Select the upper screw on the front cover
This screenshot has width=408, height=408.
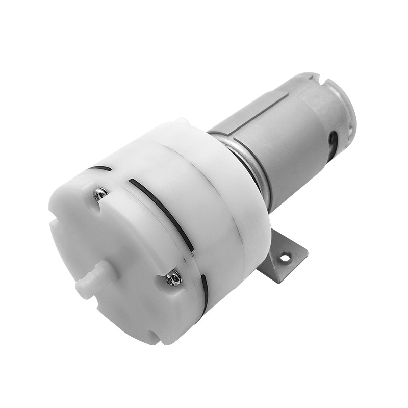coord(100,193)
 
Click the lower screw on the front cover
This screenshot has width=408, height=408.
coord(173,278)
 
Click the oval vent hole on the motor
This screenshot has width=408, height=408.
coord(333,139)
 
